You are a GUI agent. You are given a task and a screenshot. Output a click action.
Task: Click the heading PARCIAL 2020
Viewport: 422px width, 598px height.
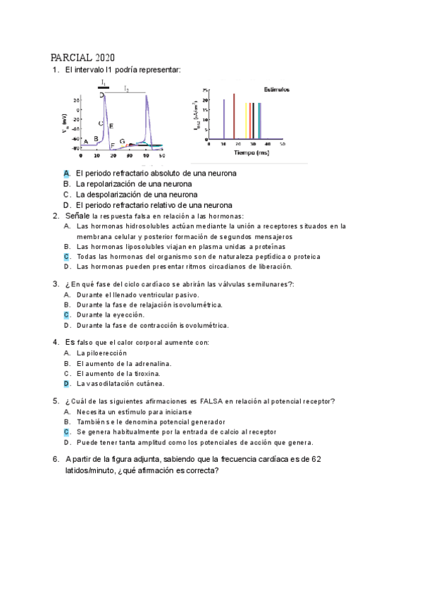click(x=83, y=57)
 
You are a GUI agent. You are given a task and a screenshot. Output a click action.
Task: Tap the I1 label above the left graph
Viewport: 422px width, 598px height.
click(x=104, y=83)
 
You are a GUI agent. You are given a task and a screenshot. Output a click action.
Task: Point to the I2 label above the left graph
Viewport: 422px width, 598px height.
click(x=126, y=89)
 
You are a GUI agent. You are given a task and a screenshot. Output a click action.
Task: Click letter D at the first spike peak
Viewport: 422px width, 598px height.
click(x=101, y=94)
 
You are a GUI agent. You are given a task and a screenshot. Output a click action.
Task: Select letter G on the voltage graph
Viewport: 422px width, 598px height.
click(x=122, y=142)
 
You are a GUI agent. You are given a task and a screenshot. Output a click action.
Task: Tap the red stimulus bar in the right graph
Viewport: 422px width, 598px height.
click(x=233, y=116)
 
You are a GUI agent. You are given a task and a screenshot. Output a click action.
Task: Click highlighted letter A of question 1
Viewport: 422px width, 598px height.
click(x=66, y=173)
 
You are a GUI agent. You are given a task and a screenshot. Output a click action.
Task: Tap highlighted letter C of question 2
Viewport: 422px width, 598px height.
click(x=66, y=257)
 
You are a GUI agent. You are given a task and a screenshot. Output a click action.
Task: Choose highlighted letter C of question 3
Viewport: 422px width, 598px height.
click(x=66, y=315)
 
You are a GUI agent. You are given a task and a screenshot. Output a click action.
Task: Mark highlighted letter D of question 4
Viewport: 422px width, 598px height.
click(x=66, y=384)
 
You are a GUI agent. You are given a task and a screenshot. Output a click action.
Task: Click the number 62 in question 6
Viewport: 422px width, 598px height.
click(x=316, y=459)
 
